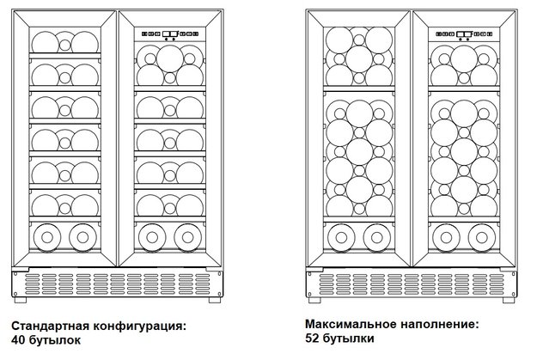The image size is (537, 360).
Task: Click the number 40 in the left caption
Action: point(17,339)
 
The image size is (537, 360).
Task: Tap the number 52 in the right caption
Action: point(312,338)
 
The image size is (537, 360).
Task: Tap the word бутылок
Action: point(55,339)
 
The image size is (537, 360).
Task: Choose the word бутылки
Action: point(348,338)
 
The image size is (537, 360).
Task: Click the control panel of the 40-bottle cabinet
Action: point(170,34)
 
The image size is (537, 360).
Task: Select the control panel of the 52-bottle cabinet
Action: point(464,34)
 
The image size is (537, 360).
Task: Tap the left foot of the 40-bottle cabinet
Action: point(21,300)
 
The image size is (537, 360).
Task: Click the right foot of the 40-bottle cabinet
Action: point(215,300)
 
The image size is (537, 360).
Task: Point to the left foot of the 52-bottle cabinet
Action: point(314,300)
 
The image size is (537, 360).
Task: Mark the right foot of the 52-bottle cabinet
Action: point(509,300)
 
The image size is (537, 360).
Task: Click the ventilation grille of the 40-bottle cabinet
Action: point(118,284)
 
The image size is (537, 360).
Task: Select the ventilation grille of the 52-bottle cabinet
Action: point(412,284)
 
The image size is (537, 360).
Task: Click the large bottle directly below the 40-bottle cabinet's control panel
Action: point(170,59)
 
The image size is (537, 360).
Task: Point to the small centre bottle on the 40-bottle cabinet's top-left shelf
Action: point(64,45)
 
